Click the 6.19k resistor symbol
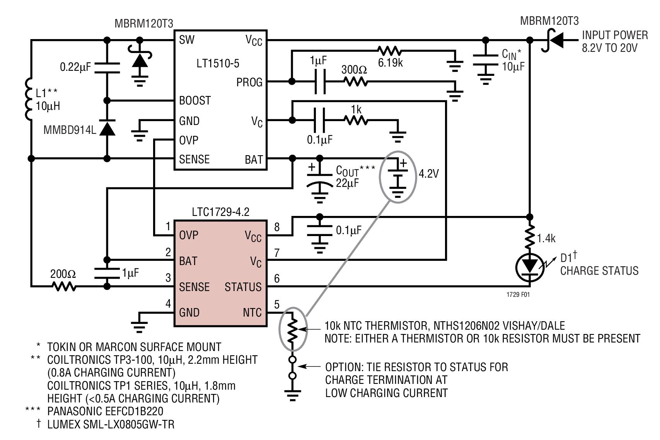point(389,50)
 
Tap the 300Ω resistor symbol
point(355,82)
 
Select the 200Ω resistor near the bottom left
point(64,287)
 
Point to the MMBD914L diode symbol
point(107,129)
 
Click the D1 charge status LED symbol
point(529,266)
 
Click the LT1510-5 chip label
point(218,63)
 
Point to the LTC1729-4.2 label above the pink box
point(220,212)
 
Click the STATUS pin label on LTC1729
point(243,287)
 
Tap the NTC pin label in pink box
point(252,313)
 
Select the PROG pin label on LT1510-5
point(249,82)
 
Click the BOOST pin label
point(195,101)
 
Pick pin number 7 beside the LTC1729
point(277,253)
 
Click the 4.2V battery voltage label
point(429,174)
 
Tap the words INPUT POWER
point(614,35)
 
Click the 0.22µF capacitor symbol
point(107,67)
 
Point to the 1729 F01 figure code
point(518,294)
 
